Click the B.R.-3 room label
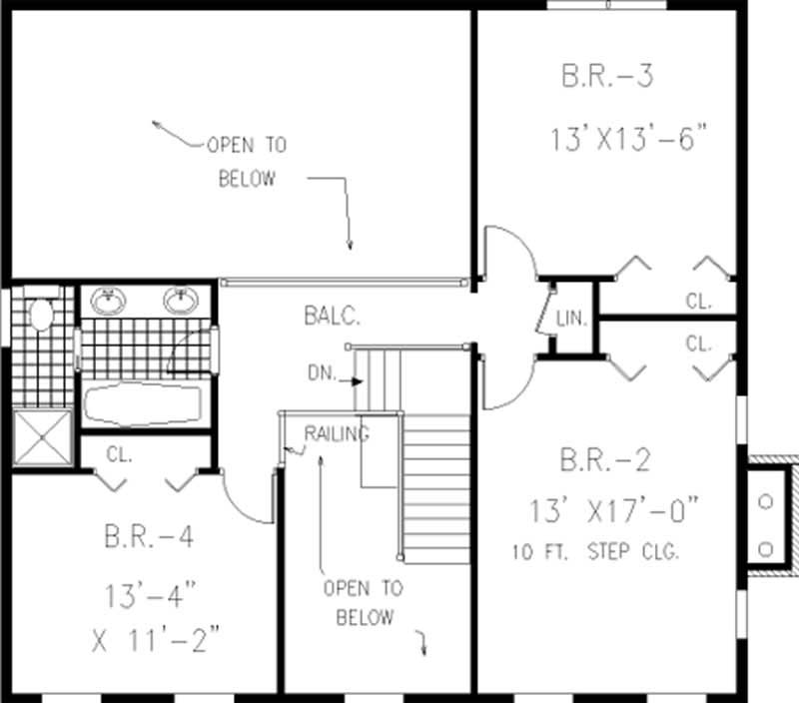[607, 76]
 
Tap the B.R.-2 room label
[605, 460]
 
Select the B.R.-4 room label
[149, 536]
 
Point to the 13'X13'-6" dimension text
[632, 138]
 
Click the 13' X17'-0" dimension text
[614, 512]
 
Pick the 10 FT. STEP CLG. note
[595, 551]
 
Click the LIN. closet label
[572, 320]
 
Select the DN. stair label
[322, 376]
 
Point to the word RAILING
[337, 433]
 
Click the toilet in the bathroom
[41, 316]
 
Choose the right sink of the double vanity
[181, 300]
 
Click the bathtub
[144, 404]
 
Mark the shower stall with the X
[45, 437]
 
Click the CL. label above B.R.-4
[120, 454]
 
